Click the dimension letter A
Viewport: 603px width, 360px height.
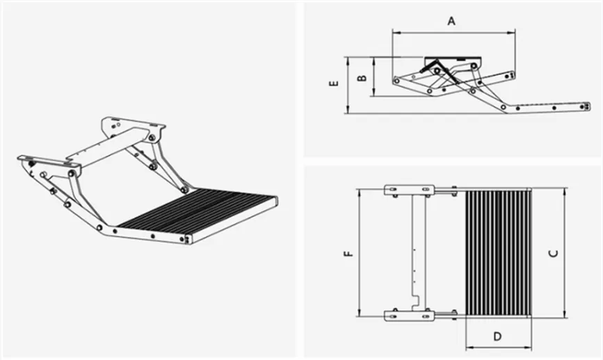(451, 21)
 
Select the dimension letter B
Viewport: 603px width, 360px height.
(360, 78)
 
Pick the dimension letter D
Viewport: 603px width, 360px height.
(497, 336)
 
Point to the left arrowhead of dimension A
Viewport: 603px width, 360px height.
(395, 31)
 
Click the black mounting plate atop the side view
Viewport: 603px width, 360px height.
(448, 60)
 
